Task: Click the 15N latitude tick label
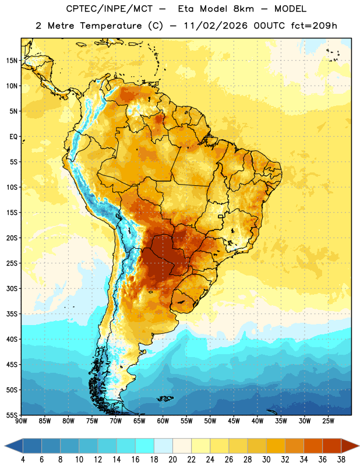tap(12, 61)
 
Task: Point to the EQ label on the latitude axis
tap(13, 137)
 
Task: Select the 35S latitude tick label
tap(12, 314)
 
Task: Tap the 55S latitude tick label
tap(12, 415)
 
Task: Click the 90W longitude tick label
tap(22, 421)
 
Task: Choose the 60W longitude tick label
tap(163, 421)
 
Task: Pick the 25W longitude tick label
tap(328, 421)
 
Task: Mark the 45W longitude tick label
tap(234, 421)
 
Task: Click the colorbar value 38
tap(341, 460)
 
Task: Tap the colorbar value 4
tap(23, 460)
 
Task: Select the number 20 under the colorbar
tap(172, 460)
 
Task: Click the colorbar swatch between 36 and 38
tap(332, 446)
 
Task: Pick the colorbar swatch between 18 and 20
tap(163, 446)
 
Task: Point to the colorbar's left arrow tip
tap(5, 446)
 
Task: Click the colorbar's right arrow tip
tap(359, 446)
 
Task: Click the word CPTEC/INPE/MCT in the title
tap(109, 9)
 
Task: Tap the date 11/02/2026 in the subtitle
tap(216, 26)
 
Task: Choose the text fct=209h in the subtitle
tap(314, 26)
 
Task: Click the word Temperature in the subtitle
tap(111, 26)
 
